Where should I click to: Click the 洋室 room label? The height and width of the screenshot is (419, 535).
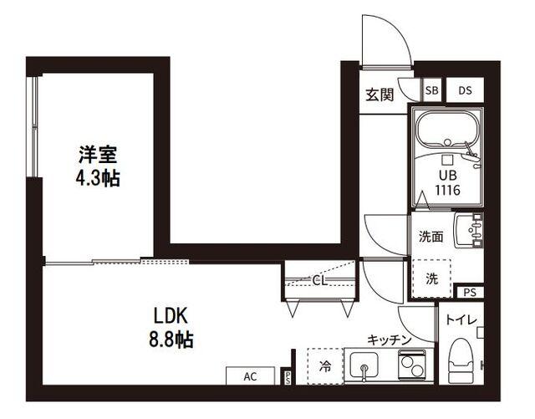(98, 155)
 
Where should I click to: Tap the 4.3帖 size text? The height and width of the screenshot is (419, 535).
(98, 177)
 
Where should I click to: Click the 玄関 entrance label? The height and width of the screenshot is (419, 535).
(379, 95)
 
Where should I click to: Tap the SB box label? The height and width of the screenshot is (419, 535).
(431, 90)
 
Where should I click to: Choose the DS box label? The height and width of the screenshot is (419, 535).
(465, 90)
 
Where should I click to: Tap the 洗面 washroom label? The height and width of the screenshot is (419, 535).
(431, 236)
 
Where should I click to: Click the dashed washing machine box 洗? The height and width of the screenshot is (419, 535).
(431, 277)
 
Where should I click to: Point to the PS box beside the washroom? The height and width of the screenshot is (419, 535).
(469, 292)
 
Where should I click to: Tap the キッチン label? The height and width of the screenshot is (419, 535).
(389, 340)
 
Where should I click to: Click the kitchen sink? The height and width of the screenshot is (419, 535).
(364, 365)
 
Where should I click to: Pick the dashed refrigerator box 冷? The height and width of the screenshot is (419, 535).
(324, 365)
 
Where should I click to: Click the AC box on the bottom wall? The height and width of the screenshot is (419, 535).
(249, 376)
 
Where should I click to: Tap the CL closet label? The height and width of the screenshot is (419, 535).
(319, 280)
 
